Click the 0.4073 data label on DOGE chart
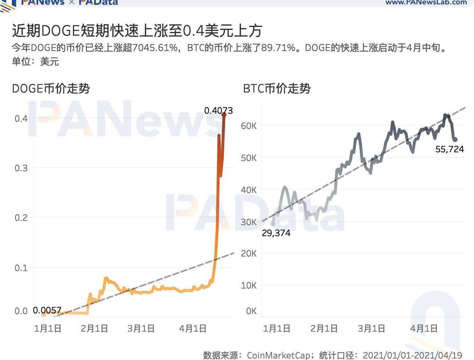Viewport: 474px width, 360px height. (218, 110)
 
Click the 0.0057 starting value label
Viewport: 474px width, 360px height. (47, 310)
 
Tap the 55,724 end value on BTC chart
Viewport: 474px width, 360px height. (450, 149)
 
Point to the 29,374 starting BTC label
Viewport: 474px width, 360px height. (276, 233)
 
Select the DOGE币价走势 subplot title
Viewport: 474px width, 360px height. (51, 89)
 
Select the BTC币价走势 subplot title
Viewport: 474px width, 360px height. (277, 89)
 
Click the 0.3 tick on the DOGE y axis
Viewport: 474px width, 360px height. (21, 168)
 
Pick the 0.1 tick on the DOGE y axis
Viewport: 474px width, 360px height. (21, 268)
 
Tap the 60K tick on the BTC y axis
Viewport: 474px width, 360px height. (249, 126)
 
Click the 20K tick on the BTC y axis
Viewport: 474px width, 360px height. (249, 254)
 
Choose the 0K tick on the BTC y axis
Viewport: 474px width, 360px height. (251, 311)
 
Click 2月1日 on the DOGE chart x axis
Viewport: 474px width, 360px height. (94, 329)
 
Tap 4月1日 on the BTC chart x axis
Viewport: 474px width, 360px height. (424, 329)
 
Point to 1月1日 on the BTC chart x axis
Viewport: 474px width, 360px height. (276, 329)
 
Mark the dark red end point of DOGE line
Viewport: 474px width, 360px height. (224, 115)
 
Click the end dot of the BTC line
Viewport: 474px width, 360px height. (455, 140)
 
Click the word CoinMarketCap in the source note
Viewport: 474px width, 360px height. (278, 355)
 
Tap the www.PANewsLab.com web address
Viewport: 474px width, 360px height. (426, 2)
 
